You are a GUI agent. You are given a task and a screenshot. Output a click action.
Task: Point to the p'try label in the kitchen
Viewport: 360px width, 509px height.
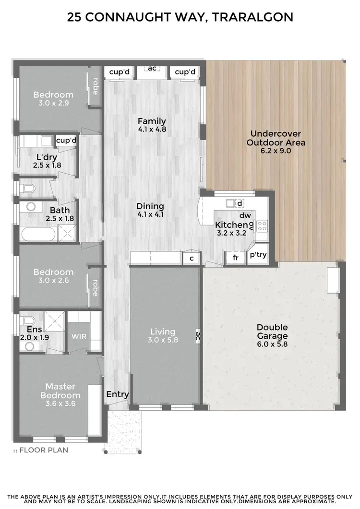coord(258,255)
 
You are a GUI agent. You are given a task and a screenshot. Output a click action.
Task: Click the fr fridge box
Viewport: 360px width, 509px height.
coord(236,258)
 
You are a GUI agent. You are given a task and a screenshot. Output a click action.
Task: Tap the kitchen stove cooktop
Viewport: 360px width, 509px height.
coord(262,225)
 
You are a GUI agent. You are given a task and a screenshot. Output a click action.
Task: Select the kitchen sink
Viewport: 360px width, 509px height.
coord(231,202)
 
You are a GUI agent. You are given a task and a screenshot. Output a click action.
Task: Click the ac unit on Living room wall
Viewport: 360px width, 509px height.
coord(197,336)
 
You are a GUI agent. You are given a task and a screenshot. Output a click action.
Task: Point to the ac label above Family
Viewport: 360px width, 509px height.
coord(152,68)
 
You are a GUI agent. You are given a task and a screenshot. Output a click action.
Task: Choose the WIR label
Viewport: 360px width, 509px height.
coord(79,336)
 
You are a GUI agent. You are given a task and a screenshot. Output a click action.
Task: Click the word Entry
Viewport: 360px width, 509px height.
coord(118,394)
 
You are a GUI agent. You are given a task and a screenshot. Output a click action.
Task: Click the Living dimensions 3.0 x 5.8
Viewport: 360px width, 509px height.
coord(163,340)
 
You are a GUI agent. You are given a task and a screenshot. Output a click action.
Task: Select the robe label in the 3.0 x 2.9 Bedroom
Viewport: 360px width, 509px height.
coord(95,86)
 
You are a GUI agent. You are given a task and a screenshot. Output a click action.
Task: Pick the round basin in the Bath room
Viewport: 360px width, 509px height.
coord(31,207)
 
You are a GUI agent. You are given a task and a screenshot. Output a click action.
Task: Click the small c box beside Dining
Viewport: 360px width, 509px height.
coord(191,258)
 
